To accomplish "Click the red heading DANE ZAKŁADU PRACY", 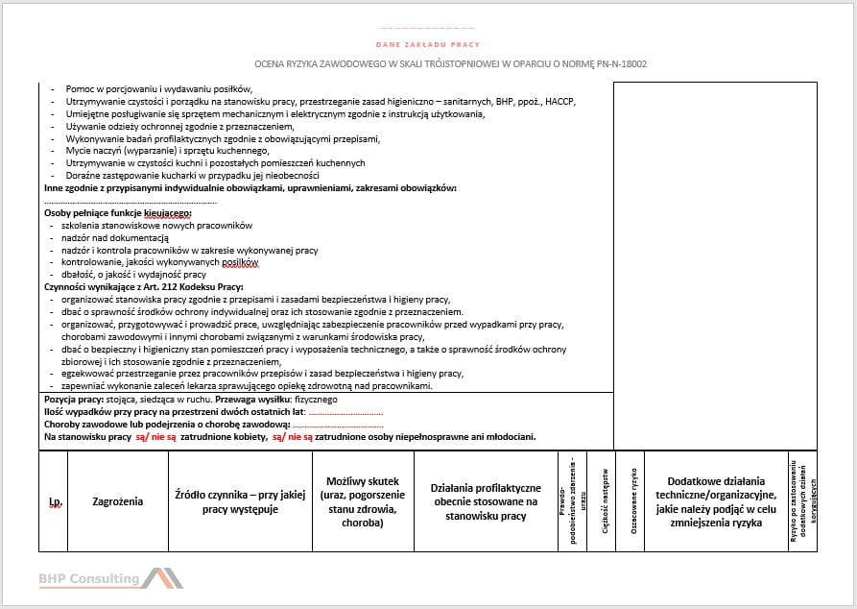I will click(428, 45).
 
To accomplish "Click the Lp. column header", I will click(55, 501).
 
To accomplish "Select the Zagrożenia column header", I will click(117, 501).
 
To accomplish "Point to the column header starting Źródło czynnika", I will click(240, 501).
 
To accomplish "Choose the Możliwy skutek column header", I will click(363, 501).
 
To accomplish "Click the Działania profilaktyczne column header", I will click(486, 501).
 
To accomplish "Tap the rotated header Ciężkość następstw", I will click(606, 500).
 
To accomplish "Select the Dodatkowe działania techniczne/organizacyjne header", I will click(715, 501).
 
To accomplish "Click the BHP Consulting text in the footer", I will click(88, 578).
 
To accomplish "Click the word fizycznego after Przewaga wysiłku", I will click(316, 399).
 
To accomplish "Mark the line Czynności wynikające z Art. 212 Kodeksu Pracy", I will click(144, 286).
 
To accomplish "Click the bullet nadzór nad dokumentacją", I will click(114, 237).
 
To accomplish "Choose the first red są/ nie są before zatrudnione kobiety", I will click(155, 436).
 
